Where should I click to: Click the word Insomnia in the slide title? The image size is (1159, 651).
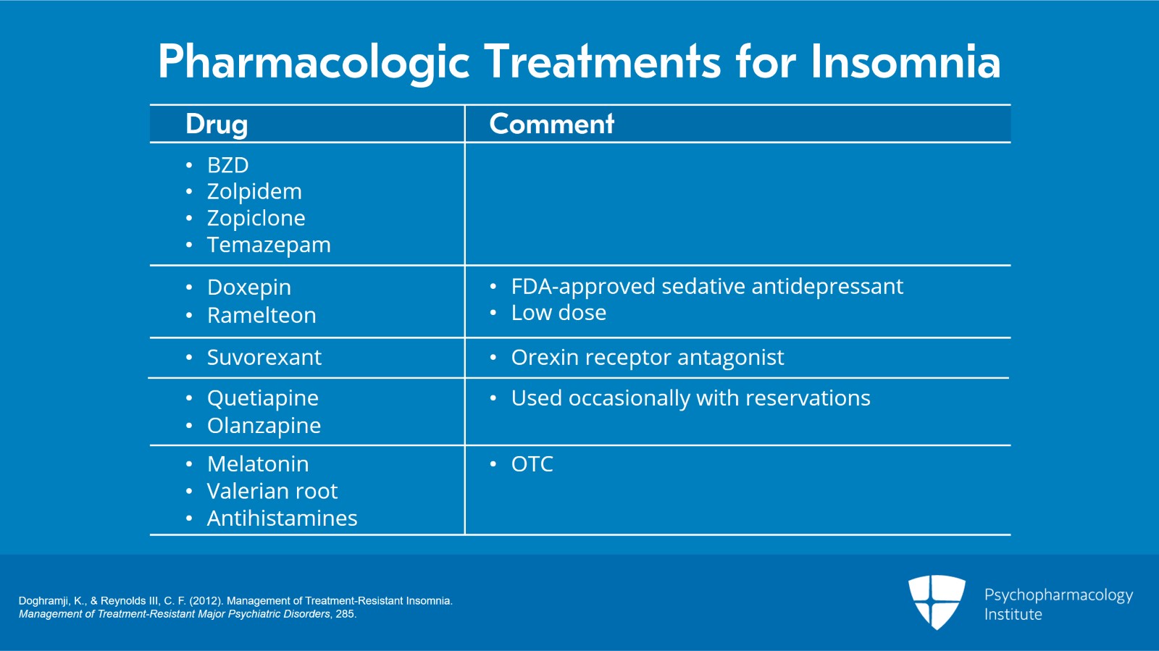click(x=905, y=62)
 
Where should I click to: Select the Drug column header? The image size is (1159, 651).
click(x=217, y=124)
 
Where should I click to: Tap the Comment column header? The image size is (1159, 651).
click(x=551, y=124)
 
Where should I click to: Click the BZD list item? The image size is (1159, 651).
click(x=227, y=165)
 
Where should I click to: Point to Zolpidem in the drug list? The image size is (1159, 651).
click(x=254, y=192)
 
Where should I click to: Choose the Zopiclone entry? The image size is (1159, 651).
click(x=256, y=218)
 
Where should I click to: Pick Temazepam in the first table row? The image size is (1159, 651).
click(x=269, y=245)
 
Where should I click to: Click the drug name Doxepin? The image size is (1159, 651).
click(x=249, y=287)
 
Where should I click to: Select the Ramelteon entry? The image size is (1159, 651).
click(x=261, y=315)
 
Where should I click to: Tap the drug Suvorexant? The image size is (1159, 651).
click(x=264, y=357)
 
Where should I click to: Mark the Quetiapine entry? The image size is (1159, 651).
click(x=263, y=398)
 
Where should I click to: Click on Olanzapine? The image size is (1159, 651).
click(x=264, y=426)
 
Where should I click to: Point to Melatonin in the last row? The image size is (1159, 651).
click(x=258, y=464)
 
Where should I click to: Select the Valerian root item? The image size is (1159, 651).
click(x=272, y=491)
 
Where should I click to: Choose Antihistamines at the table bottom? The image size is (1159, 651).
click(x=282, y=518)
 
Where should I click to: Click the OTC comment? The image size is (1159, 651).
click(x=532, y=464)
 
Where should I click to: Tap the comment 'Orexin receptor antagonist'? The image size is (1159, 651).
click(x=648, y=358)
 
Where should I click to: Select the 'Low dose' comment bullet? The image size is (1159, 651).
click(x=558, y=313)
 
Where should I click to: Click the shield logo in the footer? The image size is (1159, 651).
click(x=937, y=602)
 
